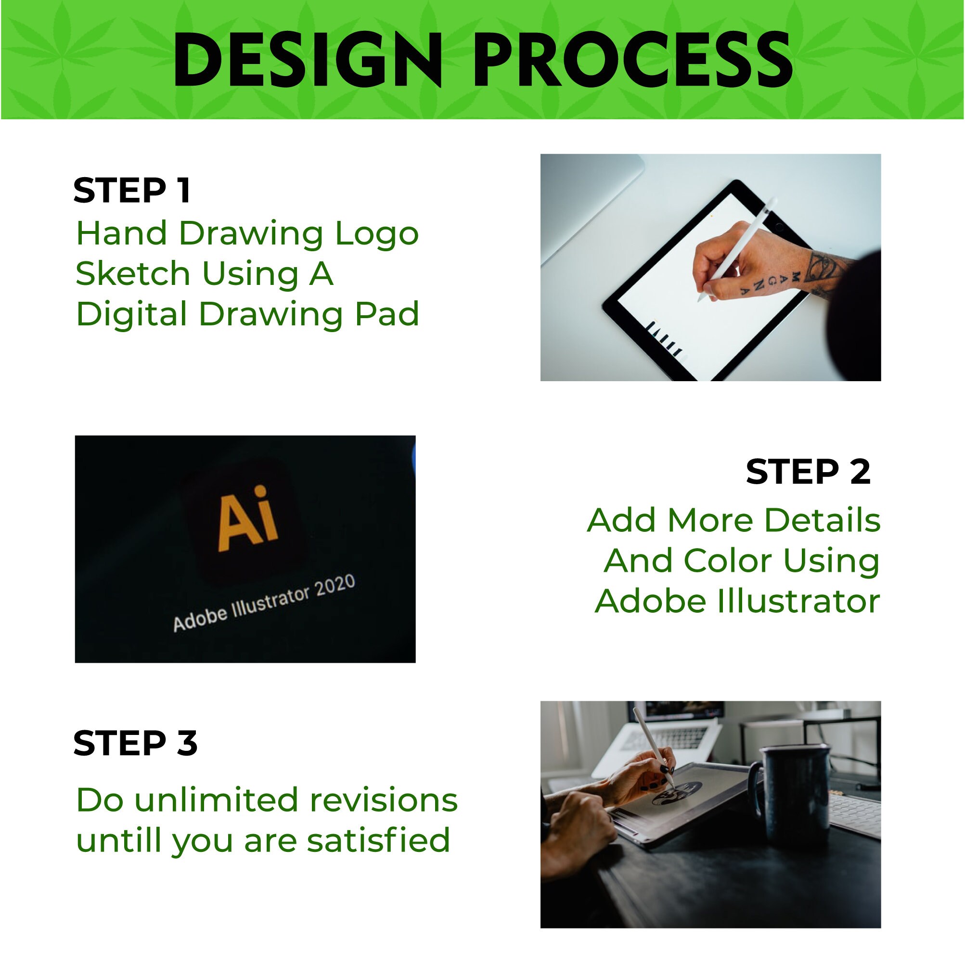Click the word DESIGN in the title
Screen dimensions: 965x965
pyautogui.click(x=307, y=60)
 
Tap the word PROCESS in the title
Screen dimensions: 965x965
pyautogui.click(x=632, y=60)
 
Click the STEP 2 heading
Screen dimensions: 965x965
pyautogui.click(x=808, y=472)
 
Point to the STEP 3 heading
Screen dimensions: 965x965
pyautogui.click(x=135, y=743)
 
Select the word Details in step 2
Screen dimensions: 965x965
pyautogui.click(x=822, y=520)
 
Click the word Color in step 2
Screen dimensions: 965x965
pyautogui.click(x=726, y=560)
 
